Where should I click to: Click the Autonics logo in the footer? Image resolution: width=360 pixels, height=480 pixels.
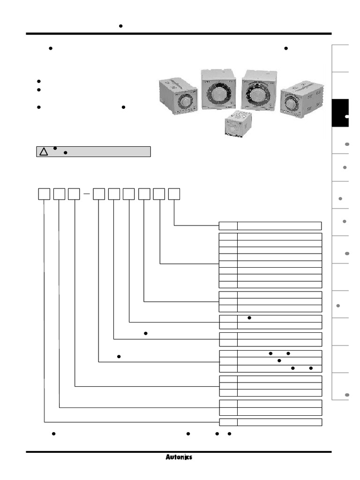pyautogui.click(x=179, y=457)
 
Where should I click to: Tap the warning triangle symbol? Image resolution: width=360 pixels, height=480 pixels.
pyautogui.click(x=43, y=152)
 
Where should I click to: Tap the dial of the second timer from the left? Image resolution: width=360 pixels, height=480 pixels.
pyautogui.click(x=218, y=92)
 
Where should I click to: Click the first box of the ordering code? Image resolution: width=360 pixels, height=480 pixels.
pyautogui.click(x=44, y=193)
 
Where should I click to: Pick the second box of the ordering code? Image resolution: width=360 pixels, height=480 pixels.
pyautogui.click(x=59, y=193)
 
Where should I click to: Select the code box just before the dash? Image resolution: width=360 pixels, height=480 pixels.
pyautogui.click(x=74, y=193)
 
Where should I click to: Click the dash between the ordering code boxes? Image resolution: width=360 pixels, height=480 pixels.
pyautogui.click(x=86, y=193)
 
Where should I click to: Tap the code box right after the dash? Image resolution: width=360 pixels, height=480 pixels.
pyautogui.click(x=99, y=193)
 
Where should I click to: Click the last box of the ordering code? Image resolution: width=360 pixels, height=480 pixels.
pyautogui.click(x=174, y=193)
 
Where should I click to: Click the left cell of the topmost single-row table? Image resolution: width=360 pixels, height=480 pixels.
pyautogui.click(x=228, y=226)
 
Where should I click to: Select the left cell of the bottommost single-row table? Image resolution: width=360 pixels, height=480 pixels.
pyautogui.click(x=228, y=422)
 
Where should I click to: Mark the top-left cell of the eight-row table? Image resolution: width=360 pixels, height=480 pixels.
pyautogui.click(x=228, y=236)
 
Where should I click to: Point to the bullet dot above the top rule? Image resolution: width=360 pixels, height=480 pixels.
pyautogui.click(x=120, y=26)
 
